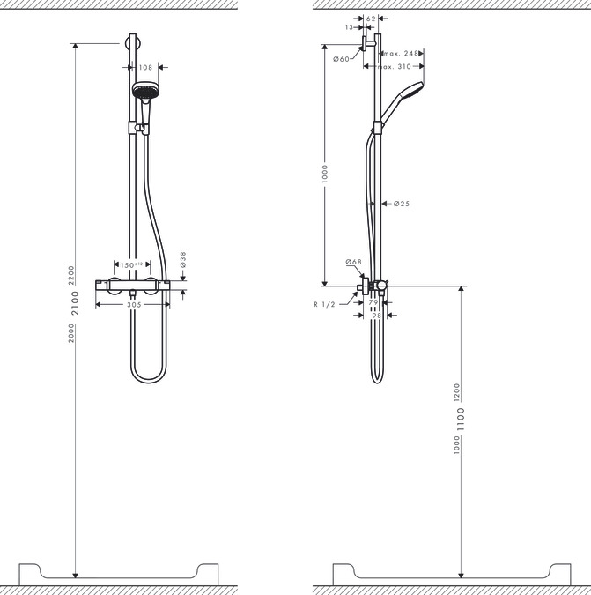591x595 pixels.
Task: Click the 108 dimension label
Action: pos(146,67)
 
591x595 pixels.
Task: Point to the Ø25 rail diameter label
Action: pos(402,204)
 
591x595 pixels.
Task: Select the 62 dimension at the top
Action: pos(370,18)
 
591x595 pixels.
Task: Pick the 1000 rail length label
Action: pos(324,172)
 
